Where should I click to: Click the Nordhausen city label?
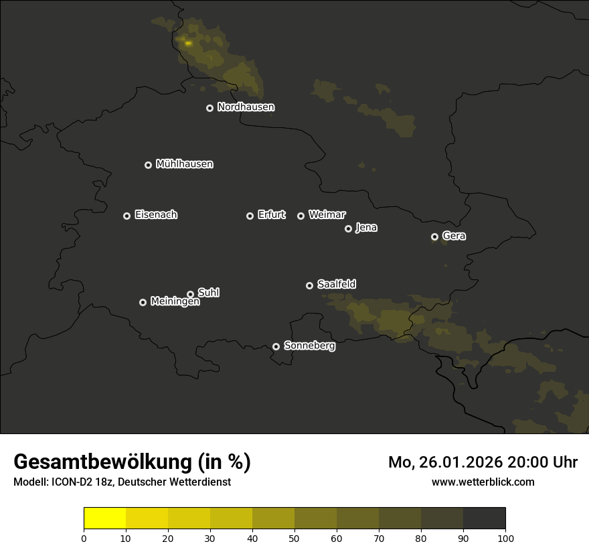(246, 107)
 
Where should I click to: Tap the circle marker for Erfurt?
(250, 216)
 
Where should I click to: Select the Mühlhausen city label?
(184, 164)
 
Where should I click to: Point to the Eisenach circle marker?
(127, 216)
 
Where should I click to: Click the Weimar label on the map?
(327, 215)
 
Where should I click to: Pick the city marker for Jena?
(348, 228)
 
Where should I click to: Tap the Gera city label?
(454, 236)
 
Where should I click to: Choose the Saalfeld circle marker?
(309, 285)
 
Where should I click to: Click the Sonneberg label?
(309, 346)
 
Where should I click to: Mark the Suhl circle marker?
(191, 294)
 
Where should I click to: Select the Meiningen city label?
(175, 302)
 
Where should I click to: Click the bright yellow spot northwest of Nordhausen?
(188, 43)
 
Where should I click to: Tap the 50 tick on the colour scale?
(294, 538)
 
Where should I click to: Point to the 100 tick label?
(505, 538)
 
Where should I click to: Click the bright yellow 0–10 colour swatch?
(104, 518)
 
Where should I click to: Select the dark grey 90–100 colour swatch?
(484, 518)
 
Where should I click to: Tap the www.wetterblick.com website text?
(483, 482)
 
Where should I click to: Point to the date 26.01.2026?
(459, 462)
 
